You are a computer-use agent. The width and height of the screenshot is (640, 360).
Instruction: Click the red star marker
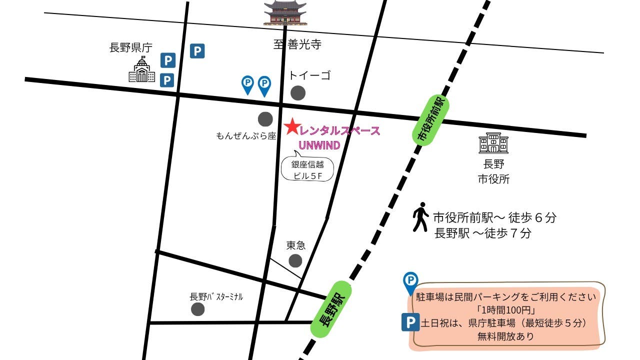click(291, 126)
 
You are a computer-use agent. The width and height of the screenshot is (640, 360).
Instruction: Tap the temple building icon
click(285, 13)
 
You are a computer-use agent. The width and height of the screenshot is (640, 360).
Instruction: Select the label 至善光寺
click(297, 44)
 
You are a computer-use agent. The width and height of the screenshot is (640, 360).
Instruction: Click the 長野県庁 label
click(130, 48)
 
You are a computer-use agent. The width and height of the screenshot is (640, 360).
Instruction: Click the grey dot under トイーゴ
click(298, 93)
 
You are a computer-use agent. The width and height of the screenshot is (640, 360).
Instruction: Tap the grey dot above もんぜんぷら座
click(265, 119)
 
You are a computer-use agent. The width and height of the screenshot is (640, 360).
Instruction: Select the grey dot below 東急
click(295, 260)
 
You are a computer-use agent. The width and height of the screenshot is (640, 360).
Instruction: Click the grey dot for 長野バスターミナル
click(198, 309)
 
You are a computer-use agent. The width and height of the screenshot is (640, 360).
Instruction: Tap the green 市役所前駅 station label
click(430, 121)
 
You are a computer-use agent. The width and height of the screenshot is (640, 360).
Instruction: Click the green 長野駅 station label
click(331, 309)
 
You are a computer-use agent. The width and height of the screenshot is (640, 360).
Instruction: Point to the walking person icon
click(420, 217)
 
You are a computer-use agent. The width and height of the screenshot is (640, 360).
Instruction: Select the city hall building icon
click(493, 144)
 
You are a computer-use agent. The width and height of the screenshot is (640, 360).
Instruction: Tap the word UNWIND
click(319, 145)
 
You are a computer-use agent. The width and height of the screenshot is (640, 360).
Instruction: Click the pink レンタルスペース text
click(339, 131)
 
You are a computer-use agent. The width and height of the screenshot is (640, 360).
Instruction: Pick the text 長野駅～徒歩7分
click(482, 233)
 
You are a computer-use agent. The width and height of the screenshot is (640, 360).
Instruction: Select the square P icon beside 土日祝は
click(410, 322)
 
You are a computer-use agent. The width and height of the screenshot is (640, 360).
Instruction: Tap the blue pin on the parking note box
click(410, 282)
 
